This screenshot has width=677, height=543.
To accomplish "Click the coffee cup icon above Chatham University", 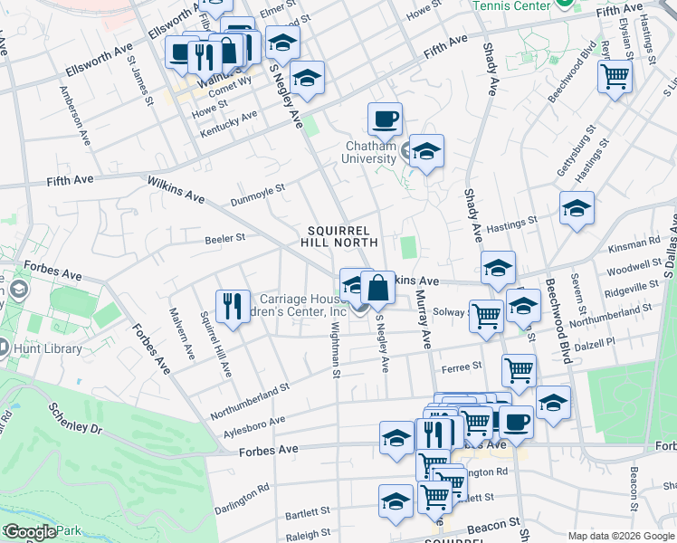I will click(385, 119).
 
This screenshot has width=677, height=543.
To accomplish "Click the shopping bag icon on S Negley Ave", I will click(377, 288).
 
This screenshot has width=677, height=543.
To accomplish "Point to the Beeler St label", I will click(227, 238).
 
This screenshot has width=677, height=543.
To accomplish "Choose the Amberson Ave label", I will click(76, 116).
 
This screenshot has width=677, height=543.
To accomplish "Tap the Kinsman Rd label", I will click(642, 243).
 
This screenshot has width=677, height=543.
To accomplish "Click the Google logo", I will click(30, 532).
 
